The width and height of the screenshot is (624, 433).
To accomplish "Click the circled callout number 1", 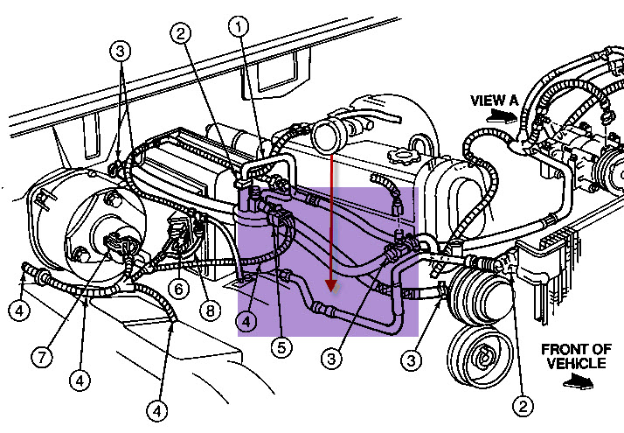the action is click(x=239, y=27).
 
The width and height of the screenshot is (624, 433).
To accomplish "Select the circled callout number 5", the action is click(x=281, y=348).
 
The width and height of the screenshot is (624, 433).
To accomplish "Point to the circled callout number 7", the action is click(x=42, y=357).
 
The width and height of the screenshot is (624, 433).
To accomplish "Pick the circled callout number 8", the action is click(x=210, y=310).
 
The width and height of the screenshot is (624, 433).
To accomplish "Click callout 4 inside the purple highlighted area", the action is click(x=246, y=321).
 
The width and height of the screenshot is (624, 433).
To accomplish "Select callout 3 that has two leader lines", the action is click(x=121, y=51).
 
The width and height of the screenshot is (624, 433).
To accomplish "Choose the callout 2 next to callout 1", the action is click(x=181, y=33).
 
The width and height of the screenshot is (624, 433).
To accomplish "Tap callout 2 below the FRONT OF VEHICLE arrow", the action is click(x=523, y=406).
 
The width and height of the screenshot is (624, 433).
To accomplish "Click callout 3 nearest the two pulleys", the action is click(x=411, y=360).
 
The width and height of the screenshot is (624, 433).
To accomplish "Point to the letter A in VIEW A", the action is click(x=513, y=100).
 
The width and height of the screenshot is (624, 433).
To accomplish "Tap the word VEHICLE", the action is click(x=576, y=363).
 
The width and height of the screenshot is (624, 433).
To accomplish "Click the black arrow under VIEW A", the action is click(x=503, y=116).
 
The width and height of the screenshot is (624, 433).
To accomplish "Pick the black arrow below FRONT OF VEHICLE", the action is click(x=579, y=381).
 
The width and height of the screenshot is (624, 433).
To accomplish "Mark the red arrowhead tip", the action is click(x=331, y=291).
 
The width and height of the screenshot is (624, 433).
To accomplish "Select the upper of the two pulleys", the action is click(x=480, y=295).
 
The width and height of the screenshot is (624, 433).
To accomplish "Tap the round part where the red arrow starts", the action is click(x=329, y=136).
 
